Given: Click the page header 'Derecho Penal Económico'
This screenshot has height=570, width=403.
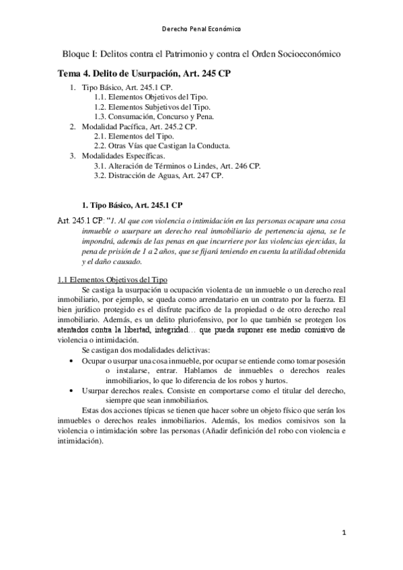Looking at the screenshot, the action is tap(202, 30).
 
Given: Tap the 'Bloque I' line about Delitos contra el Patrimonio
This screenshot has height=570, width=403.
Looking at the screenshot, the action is tap(201, 52).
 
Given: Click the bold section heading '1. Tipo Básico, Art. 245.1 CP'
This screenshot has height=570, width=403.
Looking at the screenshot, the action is tap(131, 204).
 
